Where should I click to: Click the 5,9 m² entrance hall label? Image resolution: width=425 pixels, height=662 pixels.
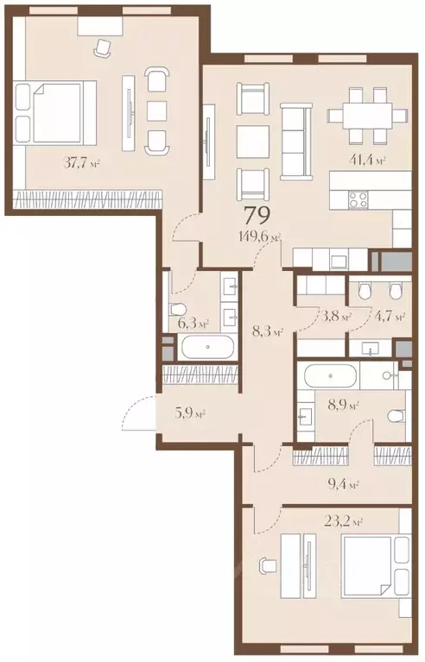[x=190, y=413]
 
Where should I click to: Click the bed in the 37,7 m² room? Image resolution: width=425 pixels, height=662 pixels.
[x=54, y=112]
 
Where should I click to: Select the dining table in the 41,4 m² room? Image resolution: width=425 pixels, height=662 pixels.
[x=367, y=115]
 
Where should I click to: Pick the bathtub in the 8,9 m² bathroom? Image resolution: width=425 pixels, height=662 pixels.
[x=329, y=376]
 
